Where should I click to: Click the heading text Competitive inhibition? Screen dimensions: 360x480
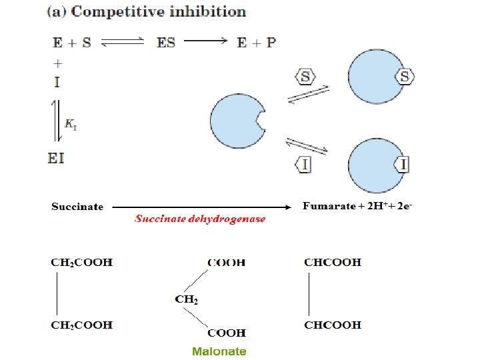tap(158, 12)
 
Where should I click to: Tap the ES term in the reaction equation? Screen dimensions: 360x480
tap(166, 43)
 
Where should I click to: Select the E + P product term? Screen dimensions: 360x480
tap(257, 43)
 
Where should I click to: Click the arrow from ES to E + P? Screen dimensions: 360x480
tap(206, 42)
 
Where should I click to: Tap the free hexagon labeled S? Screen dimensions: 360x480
tap(305, 77)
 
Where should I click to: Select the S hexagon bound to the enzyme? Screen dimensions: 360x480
tap(404, 77)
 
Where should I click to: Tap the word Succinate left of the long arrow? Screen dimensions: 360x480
tap(77, 207)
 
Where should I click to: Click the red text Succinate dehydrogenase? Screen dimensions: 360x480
tap(200, 219)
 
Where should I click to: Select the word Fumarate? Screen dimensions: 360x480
tap(329, 206)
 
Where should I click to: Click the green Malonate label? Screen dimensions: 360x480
tap(219, 351)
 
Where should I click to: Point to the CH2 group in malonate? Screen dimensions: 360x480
tap(187, 299)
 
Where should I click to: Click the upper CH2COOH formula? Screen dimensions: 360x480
tap(82, 262)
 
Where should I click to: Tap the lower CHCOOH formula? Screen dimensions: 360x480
tap(333, 325)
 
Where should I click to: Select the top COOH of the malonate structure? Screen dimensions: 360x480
tap(226, 262)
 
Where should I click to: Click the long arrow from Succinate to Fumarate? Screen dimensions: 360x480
tap(200, 207)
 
